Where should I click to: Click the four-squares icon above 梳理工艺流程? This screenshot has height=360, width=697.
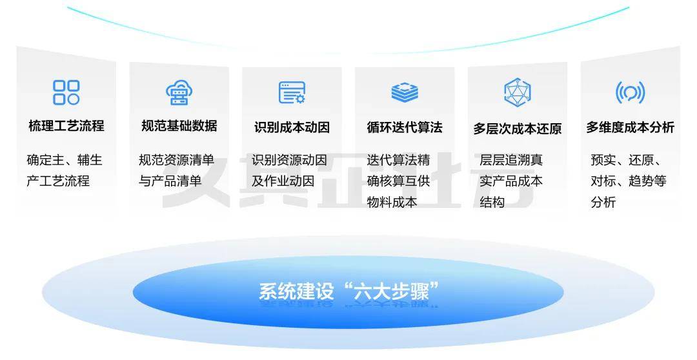tap(66, 92)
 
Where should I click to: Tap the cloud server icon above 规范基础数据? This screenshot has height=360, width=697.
tap(179, 92)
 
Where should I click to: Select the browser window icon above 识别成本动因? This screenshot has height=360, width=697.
tap(292, 92)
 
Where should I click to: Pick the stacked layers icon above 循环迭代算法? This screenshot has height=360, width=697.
tap(405, 92)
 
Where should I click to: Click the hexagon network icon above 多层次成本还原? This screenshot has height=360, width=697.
tap(517, 92)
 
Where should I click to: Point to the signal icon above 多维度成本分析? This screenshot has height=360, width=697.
tap(630, 92)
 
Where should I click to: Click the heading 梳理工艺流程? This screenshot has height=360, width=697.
tap(66, 126)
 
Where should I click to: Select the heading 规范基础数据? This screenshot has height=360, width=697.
tap(179, 126)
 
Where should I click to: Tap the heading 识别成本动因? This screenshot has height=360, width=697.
tap(292, 127)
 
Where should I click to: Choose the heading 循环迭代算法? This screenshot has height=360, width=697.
tap(405, 127)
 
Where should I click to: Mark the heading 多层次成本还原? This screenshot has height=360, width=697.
tap(517, 128)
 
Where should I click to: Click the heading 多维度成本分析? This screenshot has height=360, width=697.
tap(630, 127)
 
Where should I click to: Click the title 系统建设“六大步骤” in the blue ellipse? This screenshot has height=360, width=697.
tap(348, 291)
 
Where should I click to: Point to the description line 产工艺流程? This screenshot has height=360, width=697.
tap(58, 181)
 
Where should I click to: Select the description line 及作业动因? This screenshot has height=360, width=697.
tap(283, 181)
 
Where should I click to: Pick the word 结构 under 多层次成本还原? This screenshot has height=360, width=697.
tap(492, 202)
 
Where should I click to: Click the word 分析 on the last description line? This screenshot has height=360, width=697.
tap(603, 202)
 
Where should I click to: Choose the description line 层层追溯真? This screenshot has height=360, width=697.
tap(511, 160)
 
